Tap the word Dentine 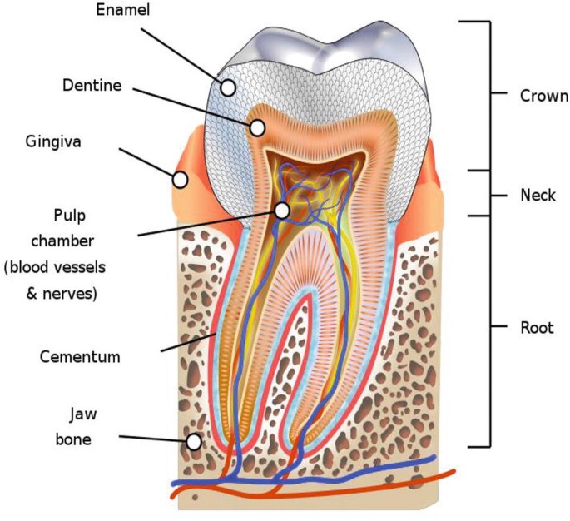tap(92, 85)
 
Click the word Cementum tap(80, 357)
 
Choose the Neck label tap(537, 195)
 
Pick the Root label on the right tap(536, 326)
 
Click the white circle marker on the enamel tap(227, 87)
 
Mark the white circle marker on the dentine tap(258, 128)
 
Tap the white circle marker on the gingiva tap(180, 179)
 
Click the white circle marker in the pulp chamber tap(283, 211)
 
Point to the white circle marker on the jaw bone tap(194, 442)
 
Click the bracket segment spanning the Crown tap(489, 95)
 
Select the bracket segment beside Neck tap(489, 194)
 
